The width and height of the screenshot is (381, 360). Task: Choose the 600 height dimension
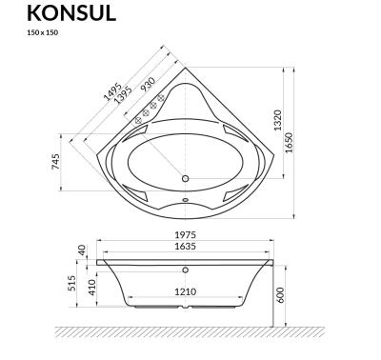click(283, 295)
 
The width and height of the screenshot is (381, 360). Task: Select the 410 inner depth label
click(92, 289)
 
